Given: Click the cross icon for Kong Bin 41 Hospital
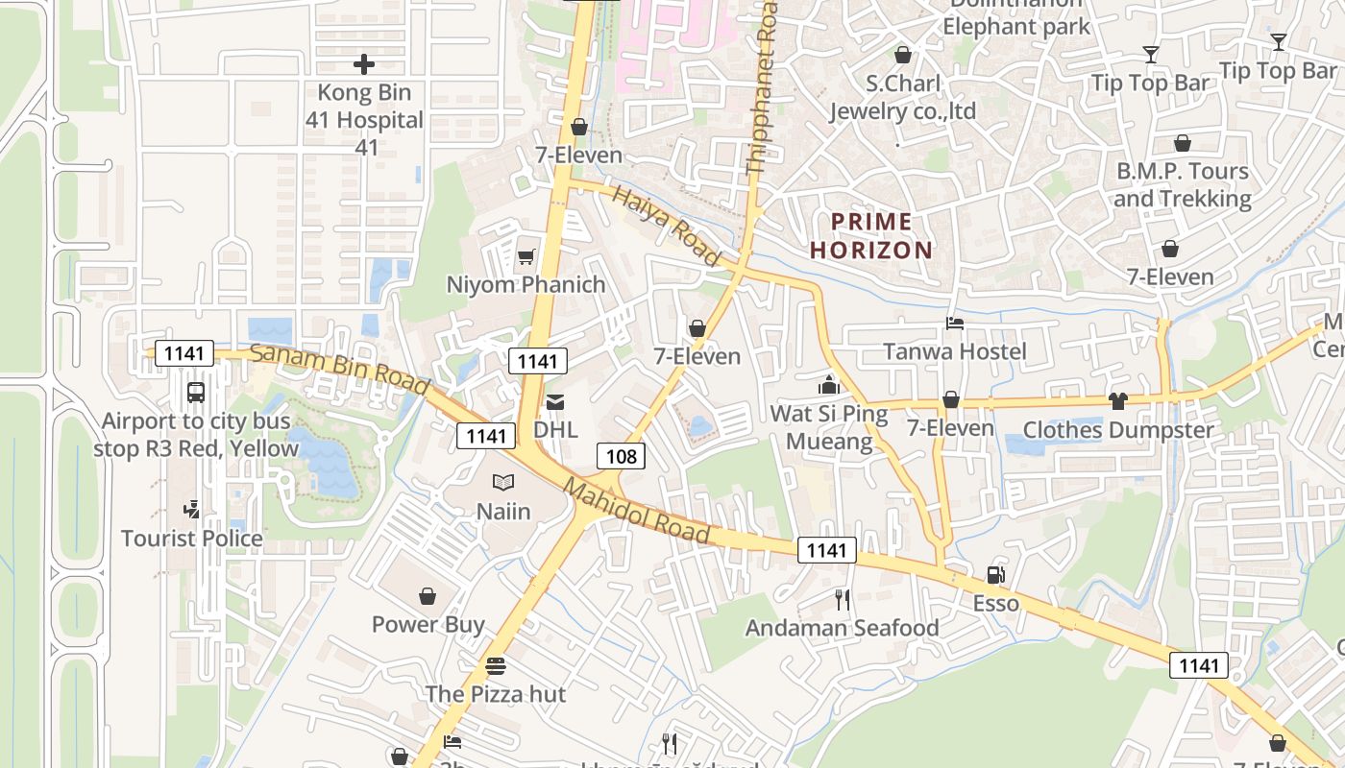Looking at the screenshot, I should tap(364, 64).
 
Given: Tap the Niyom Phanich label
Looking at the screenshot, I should tap(526, 285).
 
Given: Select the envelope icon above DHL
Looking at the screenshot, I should tap(555, 401).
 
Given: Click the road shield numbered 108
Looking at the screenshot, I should tap(622, 456).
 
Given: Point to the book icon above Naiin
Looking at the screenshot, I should tap(503, 483).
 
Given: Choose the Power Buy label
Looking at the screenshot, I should tap(428, 624).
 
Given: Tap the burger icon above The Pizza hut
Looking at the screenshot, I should tap(496, 665).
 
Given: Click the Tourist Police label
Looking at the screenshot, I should tap(192, 539).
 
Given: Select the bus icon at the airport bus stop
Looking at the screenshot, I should tap(196, 393).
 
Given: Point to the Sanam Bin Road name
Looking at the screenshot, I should tap(340, 368).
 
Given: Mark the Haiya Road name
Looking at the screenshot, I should tap(666, 227).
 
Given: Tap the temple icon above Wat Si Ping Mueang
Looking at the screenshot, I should tap(828, 386).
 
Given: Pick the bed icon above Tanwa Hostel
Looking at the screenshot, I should tap(954, 324).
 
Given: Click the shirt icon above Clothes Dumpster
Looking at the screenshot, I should tap(1117, 400).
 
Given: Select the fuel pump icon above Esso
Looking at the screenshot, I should tap(995, 575).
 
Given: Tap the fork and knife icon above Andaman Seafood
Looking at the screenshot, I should tap(843, 600).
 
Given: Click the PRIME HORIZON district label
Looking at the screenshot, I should tap(871, 236).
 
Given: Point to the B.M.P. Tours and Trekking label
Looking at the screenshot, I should tap(1182, 185).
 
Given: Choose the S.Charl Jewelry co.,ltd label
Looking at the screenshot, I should tap(902, 97).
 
